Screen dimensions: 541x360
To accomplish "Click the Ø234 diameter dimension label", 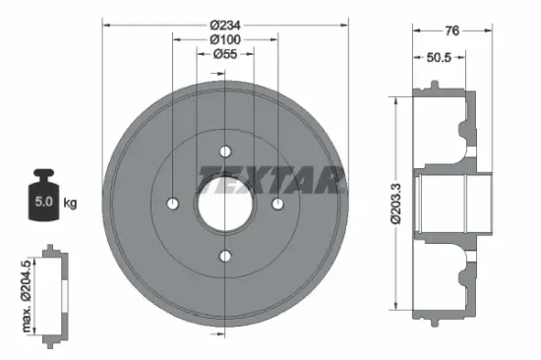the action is [x=225, y=26].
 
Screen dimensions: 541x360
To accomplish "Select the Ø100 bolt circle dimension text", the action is [x=225, y=39].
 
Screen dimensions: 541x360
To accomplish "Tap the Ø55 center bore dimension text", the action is [x=225, y=54].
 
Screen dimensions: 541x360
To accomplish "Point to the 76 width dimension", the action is [x=452, y=30].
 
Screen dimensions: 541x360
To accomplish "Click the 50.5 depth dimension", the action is [x=439, y=57].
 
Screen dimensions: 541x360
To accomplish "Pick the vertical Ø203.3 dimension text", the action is [x=396, y=204].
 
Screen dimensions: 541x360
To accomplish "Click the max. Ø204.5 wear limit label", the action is [x=27, y=296].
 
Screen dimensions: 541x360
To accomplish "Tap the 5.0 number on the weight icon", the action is [x=43, y=202].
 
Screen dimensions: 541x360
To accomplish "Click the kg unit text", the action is [x=70, y=203].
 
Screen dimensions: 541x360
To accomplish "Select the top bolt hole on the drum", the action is [x=225, y=151].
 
